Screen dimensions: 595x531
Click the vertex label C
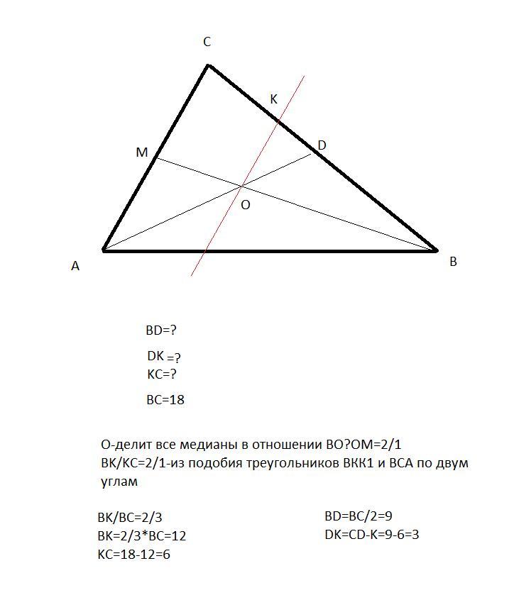pos(207,43)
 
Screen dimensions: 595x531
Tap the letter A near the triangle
pos(75,266)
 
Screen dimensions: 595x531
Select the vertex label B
pos(453,262)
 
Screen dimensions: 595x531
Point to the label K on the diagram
pos(273,100)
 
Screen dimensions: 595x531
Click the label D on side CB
pos(322,145)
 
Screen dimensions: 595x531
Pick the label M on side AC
pos(141,152)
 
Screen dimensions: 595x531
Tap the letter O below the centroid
pos(246,205)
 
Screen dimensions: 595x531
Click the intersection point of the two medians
pos(242,186)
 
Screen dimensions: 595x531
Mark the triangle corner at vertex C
pos(208,65)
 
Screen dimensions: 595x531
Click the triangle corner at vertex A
pos(104,250)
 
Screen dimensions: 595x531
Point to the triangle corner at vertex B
pos(436,250)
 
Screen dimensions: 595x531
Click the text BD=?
pos(160,330)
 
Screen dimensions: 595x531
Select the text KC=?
pos(161,374)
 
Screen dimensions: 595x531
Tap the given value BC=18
pos(165,400)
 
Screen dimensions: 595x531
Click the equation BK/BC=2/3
pos(134,518)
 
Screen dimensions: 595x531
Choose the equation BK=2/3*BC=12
pos(141,536)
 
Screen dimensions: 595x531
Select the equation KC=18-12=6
pos(133,555)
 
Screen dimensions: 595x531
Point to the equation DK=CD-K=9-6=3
pos(371,535)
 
